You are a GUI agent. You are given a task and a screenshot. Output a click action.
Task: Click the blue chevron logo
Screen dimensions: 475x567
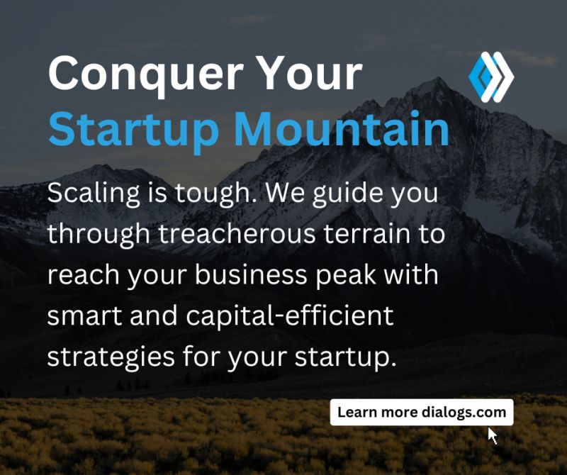pyautogui.click(x=490, y=77)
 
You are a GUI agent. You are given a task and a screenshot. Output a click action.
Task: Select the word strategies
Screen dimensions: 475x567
pyautogui.click(x=113, y=356)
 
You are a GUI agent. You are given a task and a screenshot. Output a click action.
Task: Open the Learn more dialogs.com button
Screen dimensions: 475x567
pyautogui.click(x=422, y=412)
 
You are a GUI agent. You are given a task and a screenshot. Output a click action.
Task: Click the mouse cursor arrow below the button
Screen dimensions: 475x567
pyautogui.click(x=493, y=435)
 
